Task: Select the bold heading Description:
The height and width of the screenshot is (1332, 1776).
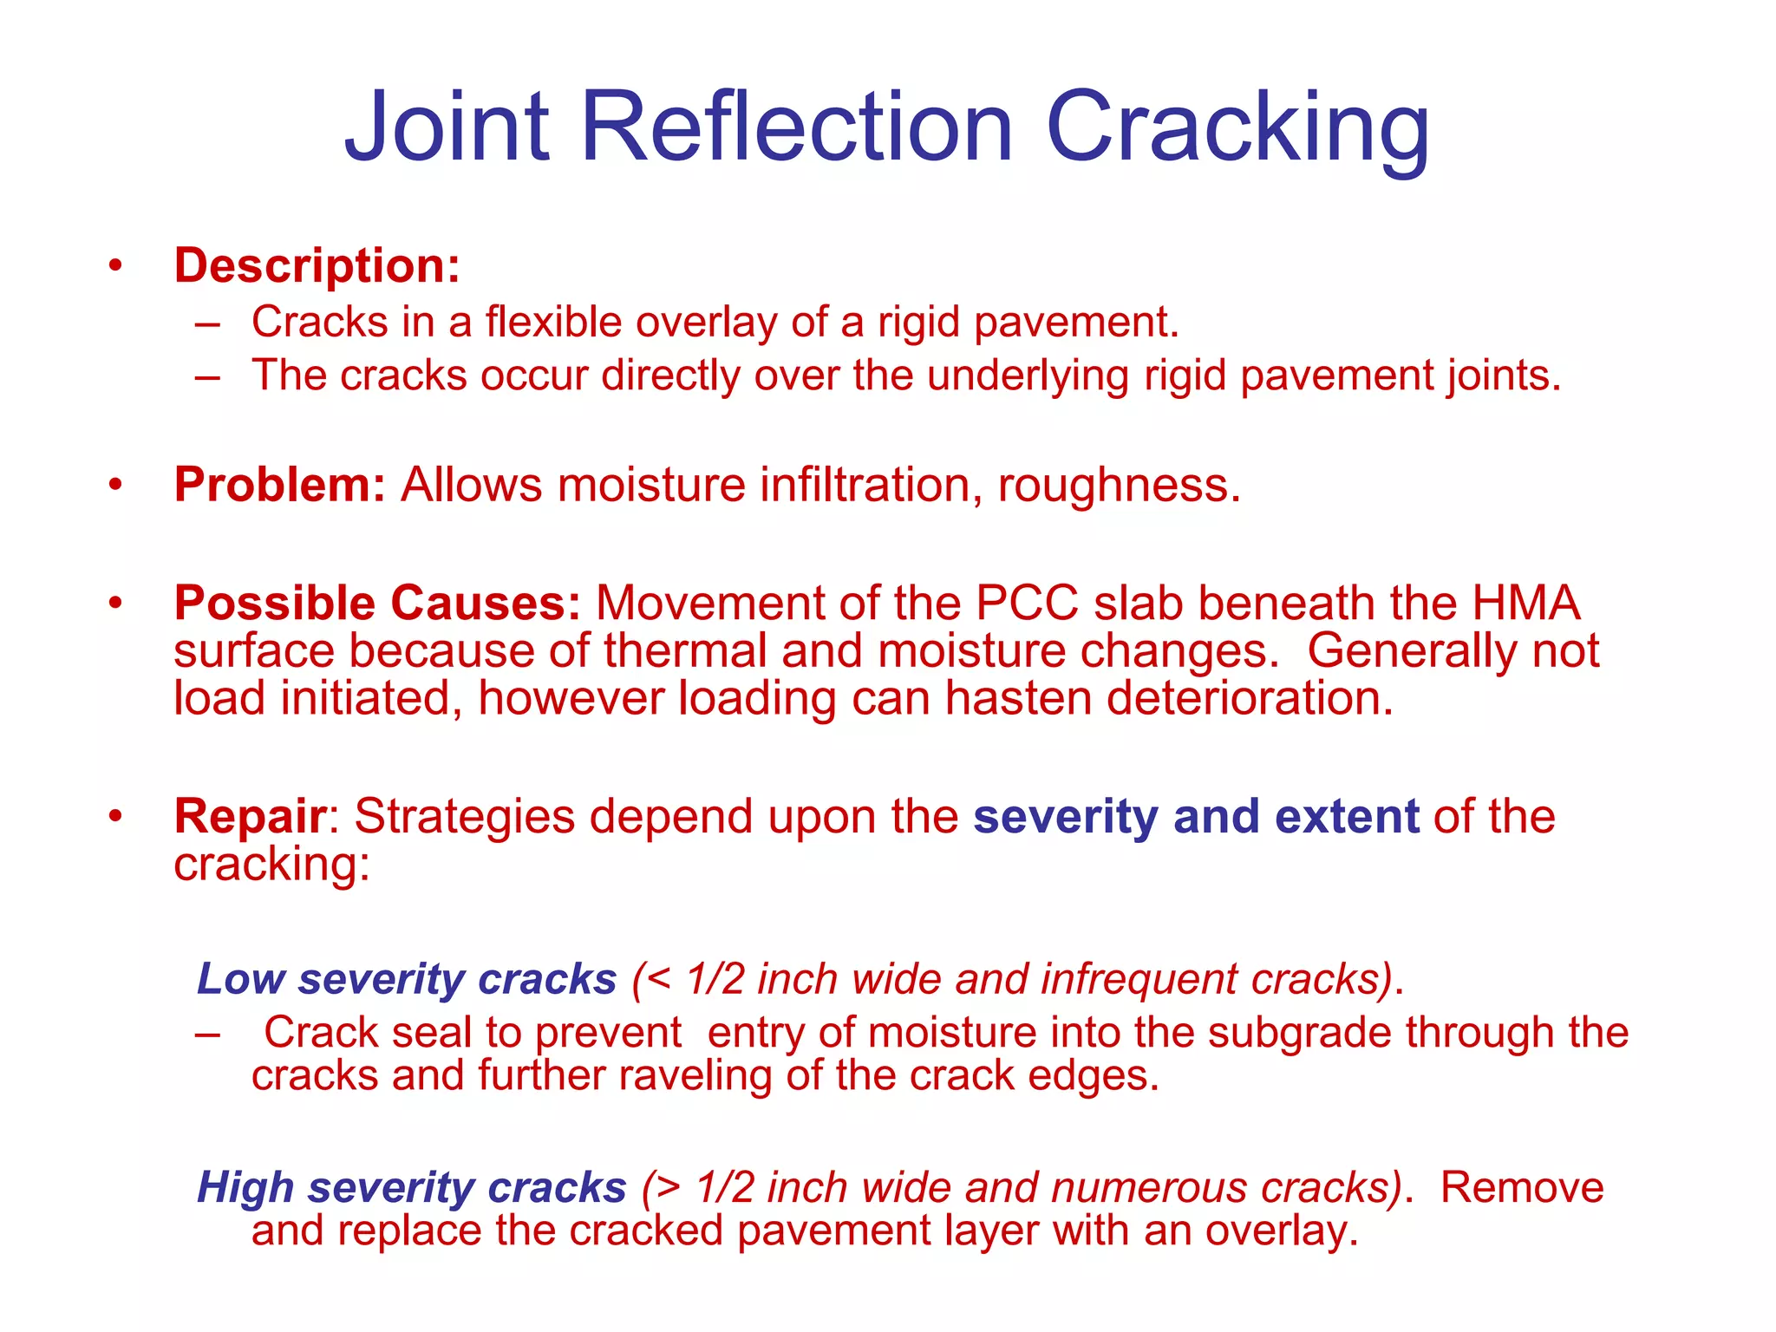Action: [x=317, y=265]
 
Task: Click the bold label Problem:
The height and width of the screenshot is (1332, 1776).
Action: [x=279, y=484]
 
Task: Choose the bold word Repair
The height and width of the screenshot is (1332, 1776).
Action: [x=250, y=816]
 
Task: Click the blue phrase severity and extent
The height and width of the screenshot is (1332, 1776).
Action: [x=1196, y=816]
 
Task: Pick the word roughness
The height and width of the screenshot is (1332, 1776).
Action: [x=1119, y=484]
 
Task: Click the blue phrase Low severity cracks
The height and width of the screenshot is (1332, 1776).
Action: [x=407, y=979]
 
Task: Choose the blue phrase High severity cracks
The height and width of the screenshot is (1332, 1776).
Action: [x=411, y=1187]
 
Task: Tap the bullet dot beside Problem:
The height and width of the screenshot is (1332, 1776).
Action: [x=115, y=485]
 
